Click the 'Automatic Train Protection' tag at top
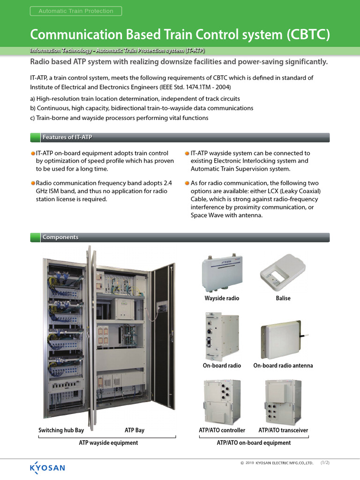pyautogui.click(x=75, y=11)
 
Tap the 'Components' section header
pyautogui.click(x=60, y=237)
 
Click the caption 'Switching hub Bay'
pyautogui.click(x=61, y=430)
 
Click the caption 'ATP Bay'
pyautogui.click(x=135, y=430)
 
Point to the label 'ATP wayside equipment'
pyautogui.click(x=108, y=443)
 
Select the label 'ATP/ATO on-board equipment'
pyautogui.click(x=254, y=443)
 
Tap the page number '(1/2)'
pyautogui.click(x=325, y=463)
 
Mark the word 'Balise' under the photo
pyautogui.click(x=283, y=298)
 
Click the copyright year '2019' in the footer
pyautogui.click(x=249, y=463)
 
